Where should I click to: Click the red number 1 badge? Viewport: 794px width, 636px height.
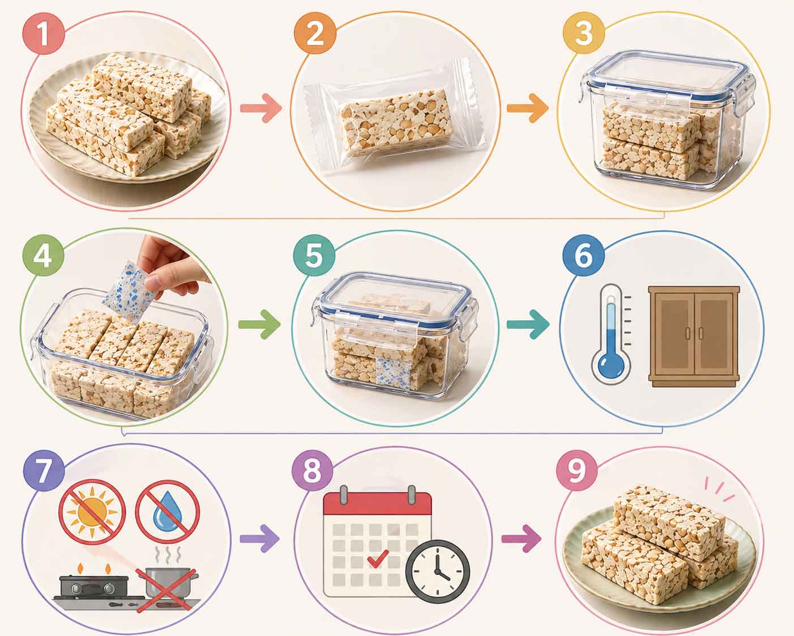click(x=44, y=34)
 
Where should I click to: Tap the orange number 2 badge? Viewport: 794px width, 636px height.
click(x=315, y=34)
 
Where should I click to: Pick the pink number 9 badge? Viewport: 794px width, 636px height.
click(x=577, y=470)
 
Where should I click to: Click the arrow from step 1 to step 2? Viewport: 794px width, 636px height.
click(x=261, y=108)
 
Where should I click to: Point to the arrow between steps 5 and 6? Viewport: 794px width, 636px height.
click(x=528, y=324)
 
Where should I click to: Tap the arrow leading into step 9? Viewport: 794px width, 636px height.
click(x=522, y=539)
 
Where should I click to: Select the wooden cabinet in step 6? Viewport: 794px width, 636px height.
click(x=694, y=337)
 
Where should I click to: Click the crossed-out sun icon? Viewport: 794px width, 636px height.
click(x=92, y=512)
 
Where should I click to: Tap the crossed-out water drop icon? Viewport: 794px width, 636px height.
click(x=168, y=512)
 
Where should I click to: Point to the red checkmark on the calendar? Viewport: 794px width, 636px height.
click(x=378, y=558)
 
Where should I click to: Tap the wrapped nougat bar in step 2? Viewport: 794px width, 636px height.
click(x=396, y=122)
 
